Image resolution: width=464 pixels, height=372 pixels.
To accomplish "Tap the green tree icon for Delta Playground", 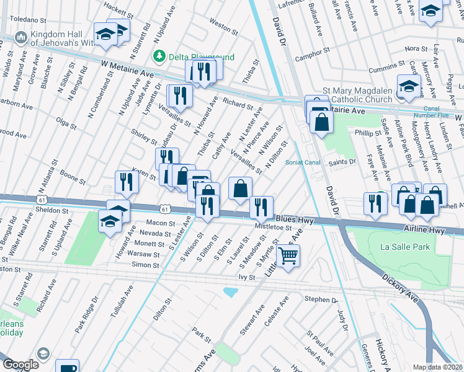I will pyautogui.click(x=160, y=56).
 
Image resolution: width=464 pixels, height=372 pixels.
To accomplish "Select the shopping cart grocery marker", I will pyautogui.click(x=288, y=254).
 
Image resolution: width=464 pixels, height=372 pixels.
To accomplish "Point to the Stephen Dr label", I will pyautogui.click(x=320, y=299).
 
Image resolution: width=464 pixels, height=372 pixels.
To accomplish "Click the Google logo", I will pyautogui.click(x=20, y=364).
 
